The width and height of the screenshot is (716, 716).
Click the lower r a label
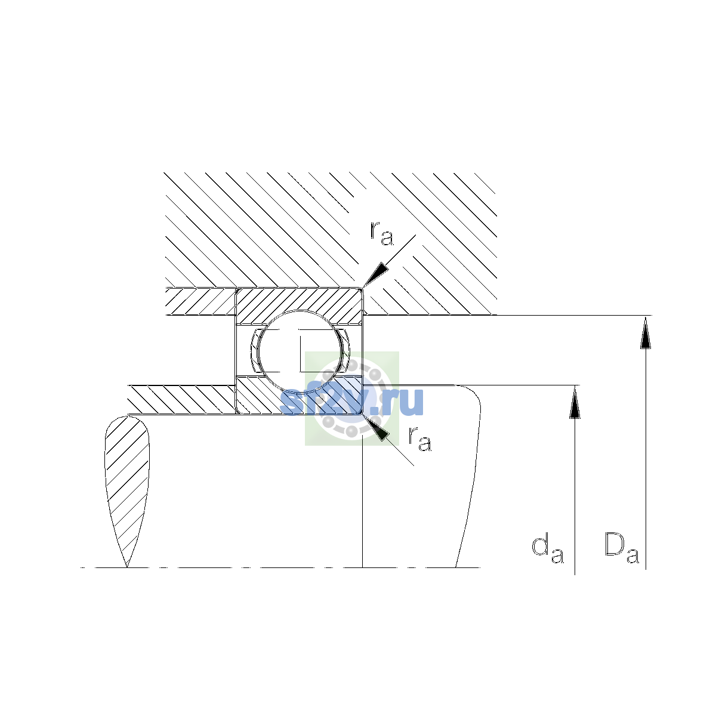[420, 439]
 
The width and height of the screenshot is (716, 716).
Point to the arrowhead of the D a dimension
[646, 332]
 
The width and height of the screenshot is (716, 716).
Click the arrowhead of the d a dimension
[575, 402]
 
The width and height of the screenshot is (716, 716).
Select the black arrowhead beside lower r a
[375, 427]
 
